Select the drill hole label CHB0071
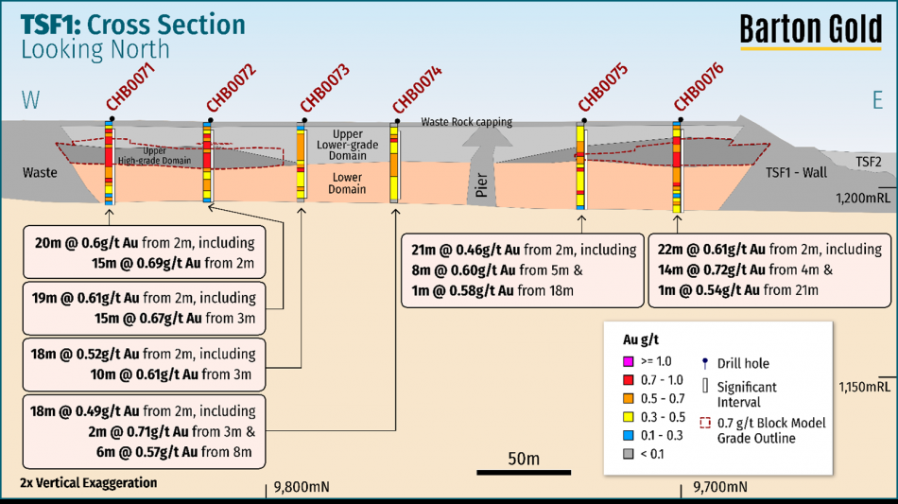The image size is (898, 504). [x=130, y=87]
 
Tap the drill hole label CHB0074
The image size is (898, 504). [x=417, y=88]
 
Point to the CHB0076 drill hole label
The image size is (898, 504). [x=699, y=87]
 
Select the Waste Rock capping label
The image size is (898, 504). [x=467, y=122]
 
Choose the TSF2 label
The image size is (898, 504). [x=868, y=162]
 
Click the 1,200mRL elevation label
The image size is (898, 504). [x=863, y=198]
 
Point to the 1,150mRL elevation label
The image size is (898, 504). [x=863, y=387]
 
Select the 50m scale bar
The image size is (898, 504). [x=522, y=471]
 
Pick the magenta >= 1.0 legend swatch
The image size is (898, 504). [x=627, y=362]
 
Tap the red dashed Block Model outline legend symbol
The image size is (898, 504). [x=704, y=423]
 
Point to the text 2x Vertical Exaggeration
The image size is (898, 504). [x=88, y=483]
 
